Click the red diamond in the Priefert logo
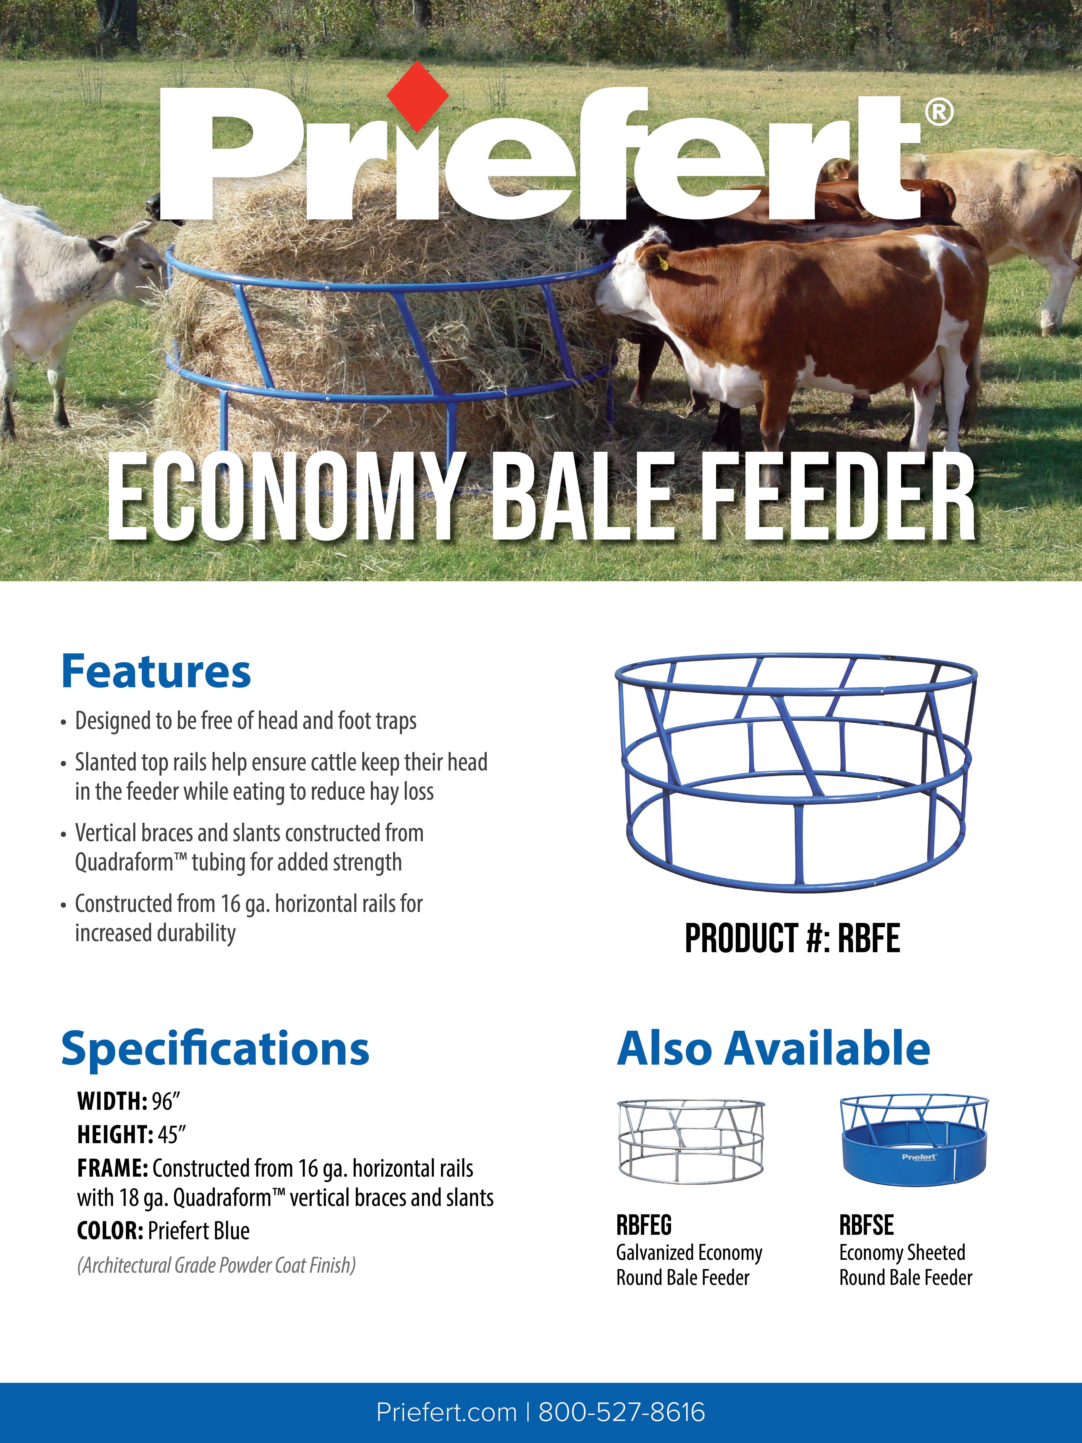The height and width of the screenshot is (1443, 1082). (417, 97)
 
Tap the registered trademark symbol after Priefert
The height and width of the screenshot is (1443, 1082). (939, 113)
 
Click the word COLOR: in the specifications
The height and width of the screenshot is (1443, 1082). (110, 1231)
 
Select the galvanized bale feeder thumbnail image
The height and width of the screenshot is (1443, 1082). (690, 1142)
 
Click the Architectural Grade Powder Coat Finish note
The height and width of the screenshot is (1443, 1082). (217, 1266)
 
